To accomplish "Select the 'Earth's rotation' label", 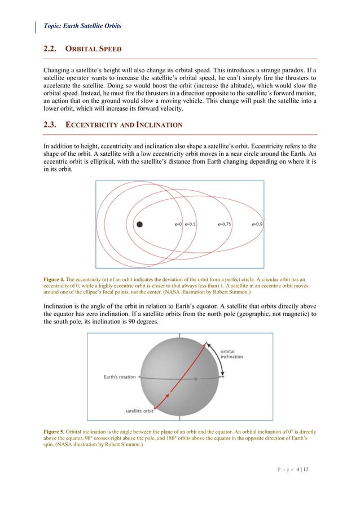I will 120,377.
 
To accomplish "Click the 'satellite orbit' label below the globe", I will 141,410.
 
